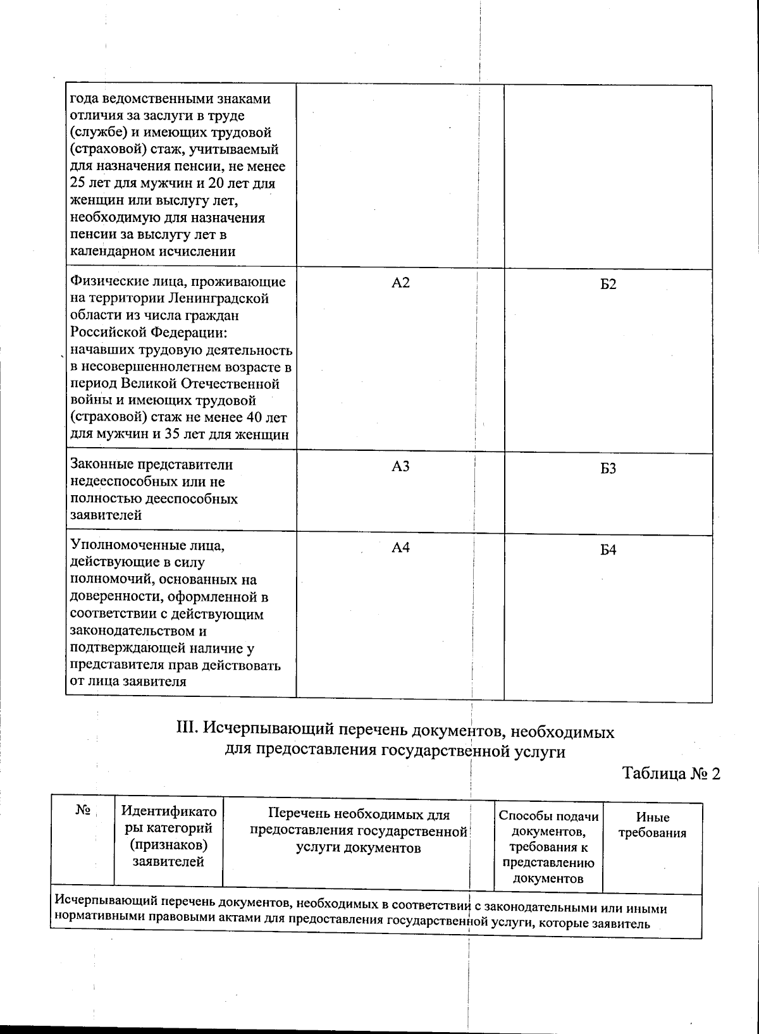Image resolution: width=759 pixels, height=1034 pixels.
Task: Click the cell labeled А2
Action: (400, 283)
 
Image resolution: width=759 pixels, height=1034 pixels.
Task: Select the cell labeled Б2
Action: (608, 284)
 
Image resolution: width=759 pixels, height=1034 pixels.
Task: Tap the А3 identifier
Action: (400, 466)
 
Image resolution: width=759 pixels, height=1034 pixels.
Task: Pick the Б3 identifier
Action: (608, 469)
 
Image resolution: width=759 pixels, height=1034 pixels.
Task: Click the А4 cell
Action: (400, 547)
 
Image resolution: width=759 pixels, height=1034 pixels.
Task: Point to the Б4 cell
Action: (608, 550)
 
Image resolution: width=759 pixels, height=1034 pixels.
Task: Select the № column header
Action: (82, 811)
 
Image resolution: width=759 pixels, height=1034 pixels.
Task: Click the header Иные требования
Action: (652, 825)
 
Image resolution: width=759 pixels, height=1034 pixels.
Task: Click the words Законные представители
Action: (151, 465)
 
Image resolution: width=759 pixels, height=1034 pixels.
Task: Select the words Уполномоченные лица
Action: (148, 545)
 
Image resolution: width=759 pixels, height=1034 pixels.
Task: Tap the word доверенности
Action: (113, 596)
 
